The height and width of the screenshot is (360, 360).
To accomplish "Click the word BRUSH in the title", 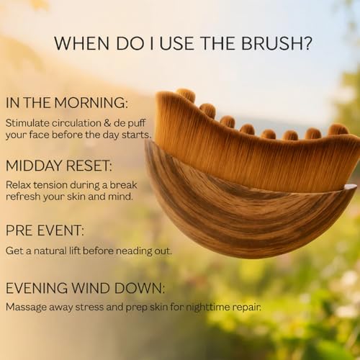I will (x=272, y=43).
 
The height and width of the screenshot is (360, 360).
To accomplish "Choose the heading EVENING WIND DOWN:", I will (x=85, y=289).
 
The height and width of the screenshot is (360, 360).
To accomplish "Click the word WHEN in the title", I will (x=79, y=43).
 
